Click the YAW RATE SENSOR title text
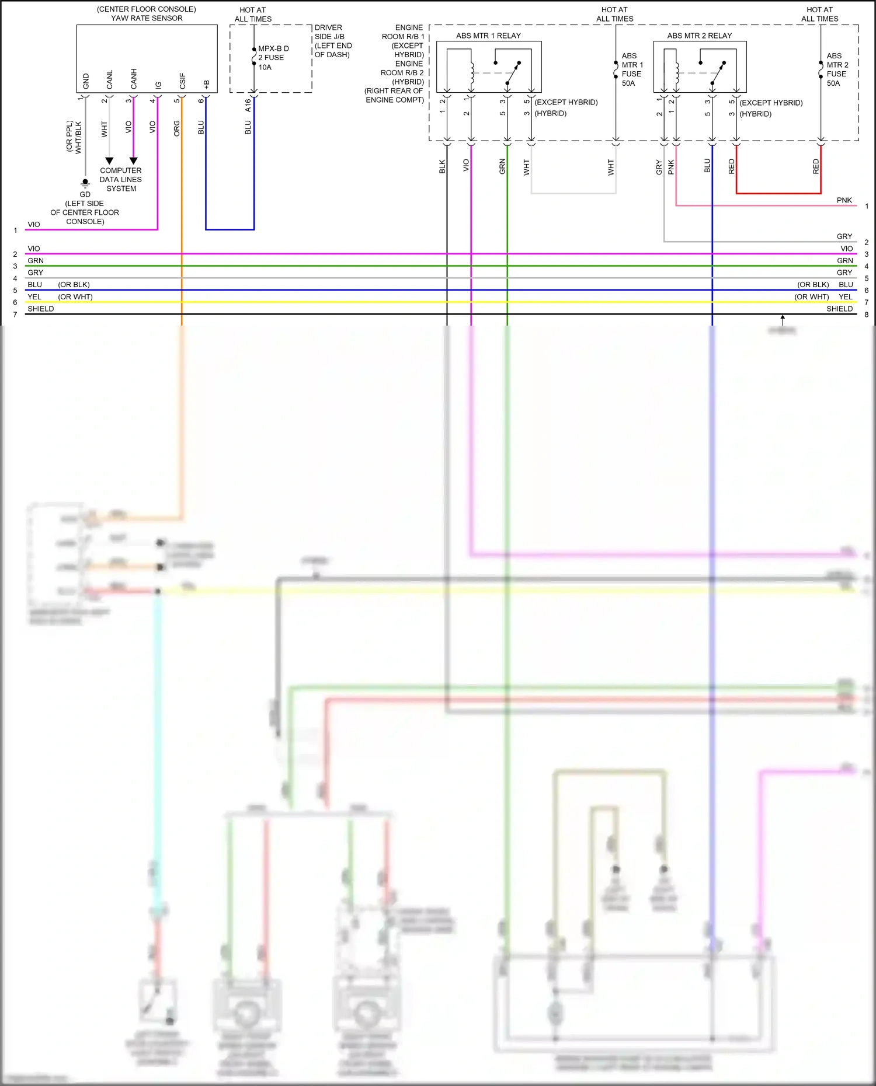click(147, 18)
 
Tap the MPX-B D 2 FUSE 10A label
click(273, 58)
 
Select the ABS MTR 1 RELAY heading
click(488, 36)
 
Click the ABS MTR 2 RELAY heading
click(699, 36)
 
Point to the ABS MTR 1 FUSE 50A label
click(631, 69)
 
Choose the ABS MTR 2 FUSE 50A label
click(837, 69)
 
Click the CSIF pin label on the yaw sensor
click(182, 81)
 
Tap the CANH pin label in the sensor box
click(134, 79)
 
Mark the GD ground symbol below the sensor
click(85, 183)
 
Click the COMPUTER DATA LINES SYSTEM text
click(121, 180)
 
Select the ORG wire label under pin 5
click(177, 128)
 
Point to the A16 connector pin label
click(248, 105)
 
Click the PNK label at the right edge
click(844, 200)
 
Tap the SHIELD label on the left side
click(41, 309)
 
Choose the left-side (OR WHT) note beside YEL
click(75, 297)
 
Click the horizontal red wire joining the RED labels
click(778, 193)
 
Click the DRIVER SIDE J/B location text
click(333, 41)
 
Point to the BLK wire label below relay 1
click(442, 166)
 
